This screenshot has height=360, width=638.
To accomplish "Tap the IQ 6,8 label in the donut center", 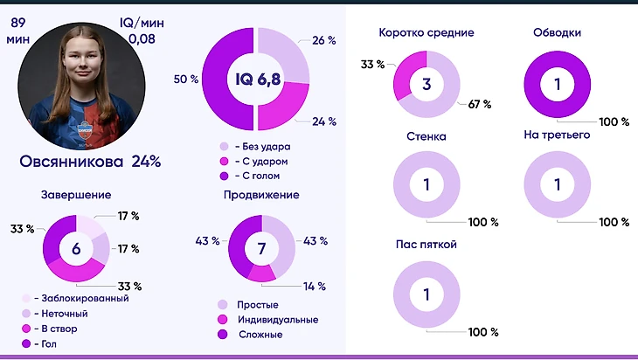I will [256, 80].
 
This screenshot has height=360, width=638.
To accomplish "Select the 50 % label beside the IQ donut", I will [186, 80].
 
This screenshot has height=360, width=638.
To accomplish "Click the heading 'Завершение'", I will [75, 195].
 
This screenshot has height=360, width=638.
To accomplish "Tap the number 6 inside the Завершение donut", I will [76, 249].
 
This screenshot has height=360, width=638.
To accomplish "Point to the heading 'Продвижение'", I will [261, 195].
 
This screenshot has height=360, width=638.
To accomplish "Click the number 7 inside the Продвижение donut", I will [261, 249].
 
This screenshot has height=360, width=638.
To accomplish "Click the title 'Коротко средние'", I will [426, 33].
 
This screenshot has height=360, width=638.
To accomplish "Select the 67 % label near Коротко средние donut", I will [480, 104].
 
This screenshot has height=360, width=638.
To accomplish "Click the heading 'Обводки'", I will [557, 33].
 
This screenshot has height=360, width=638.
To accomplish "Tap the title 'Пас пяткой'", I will [426, 245].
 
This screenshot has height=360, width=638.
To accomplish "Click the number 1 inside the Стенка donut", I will [426, 185].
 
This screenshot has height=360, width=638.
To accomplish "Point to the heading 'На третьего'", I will [557, 135].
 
